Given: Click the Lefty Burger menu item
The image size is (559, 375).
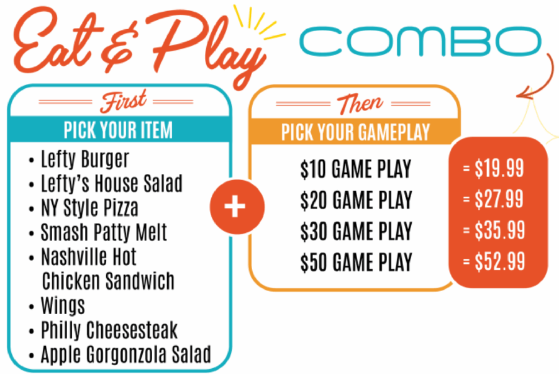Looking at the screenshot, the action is click(85, 159).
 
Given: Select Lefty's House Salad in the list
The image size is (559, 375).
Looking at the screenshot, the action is click(112, 184).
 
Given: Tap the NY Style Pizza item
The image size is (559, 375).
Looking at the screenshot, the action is click(89, 208).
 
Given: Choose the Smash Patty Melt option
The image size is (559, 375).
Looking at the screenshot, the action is click(104, 232).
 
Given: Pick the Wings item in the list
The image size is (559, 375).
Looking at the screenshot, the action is click(63, 306).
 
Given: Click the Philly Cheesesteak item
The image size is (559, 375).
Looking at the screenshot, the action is click(109, 330).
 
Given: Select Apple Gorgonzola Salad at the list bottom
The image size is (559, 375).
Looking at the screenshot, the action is click(126, 355).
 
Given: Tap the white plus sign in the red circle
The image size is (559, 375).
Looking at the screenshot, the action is click(235, 207).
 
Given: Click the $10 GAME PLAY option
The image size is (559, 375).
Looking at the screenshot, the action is click(356, 169).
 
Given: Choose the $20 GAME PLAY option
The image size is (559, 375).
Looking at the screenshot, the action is click(356, 200).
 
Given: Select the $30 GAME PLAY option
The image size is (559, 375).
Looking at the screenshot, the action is click(356, 232).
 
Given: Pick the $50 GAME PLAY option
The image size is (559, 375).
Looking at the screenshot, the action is click(356, 263).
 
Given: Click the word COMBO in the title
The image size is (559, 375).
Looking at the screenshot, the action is click(420, 41).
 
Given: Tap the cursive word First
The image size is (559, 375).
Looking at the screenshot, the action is click(123, 101).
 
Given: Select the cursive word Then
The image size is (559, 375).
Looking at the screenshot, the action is click(360, 104).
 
